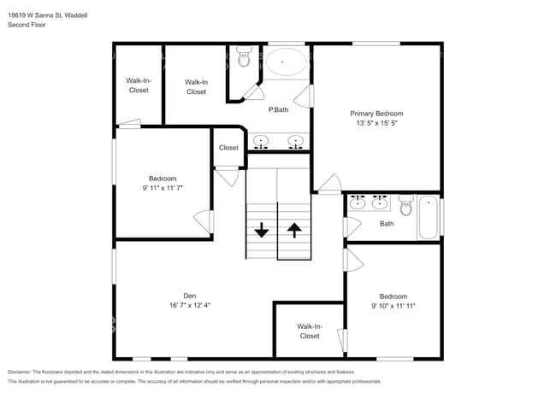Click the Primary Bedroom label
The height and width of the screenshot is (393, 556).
point(376,113)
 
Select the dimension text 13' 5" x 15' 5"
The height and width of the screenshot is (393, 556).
point(376,123)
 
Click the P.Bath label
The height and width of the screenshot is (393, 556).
point(277,109)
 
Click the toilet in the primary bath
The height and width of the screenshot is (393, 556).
point(244,58)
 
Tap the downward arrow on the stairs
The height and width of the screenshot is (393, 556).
point(262,229)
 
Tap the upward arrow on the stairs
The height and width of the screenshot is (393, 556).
point(294,229)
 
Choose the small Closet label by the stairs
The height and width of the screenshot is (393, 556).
point(228,148)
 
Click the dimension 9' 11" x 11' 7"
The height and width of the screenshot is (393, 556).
point(162,188)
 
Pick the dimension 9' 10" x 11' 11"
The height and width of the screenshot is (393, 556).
point(393,306)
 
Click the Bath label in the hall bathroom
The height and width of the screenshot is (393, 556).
point(387,224)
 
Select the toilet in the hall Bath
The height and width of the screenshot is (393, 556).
point(406,204)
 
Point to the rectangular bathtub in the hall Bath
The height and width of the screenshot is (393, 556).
point(428,218)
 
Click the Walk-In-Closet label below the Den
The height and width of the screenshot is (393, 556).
point(309,331)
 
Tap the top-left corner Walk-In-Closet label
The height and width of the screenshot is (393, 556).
point(138,85)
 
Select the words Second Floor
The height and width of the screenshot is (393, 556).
point(27,26)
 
